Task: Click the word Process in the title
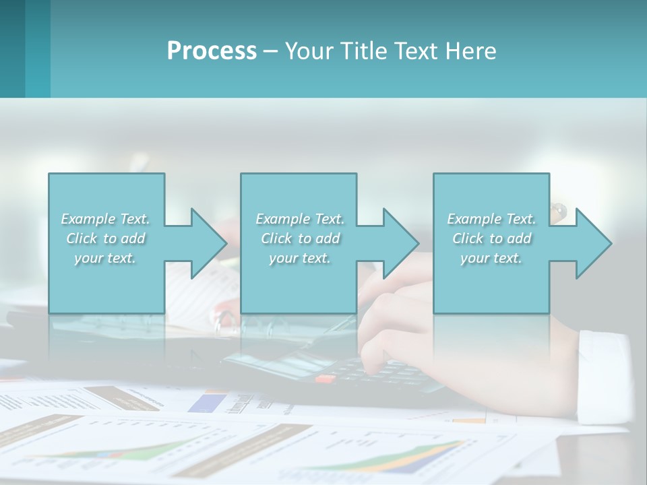(212, 51)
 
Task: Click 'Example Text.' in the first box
(105, 219)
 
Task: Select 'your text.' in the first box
(105, 258)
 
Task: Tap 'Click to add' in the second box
(300, 238)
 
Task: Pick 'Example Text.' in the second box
(300, 219)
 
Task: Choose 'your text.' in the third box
(491, 258)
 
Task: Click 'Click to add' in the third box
(491, 238)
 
